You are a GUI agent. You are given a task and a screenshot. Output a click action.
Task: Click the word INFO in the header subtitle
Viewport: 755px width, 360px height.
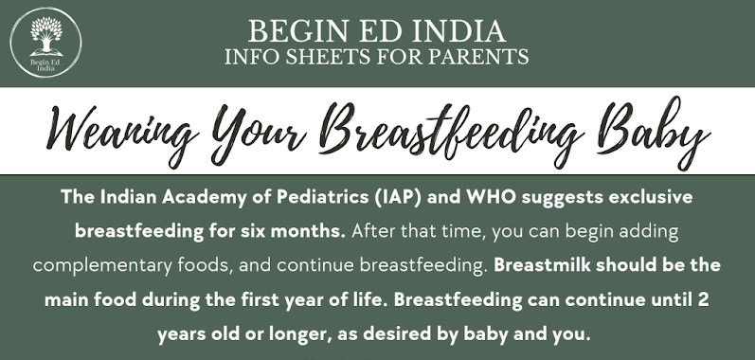249,58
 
